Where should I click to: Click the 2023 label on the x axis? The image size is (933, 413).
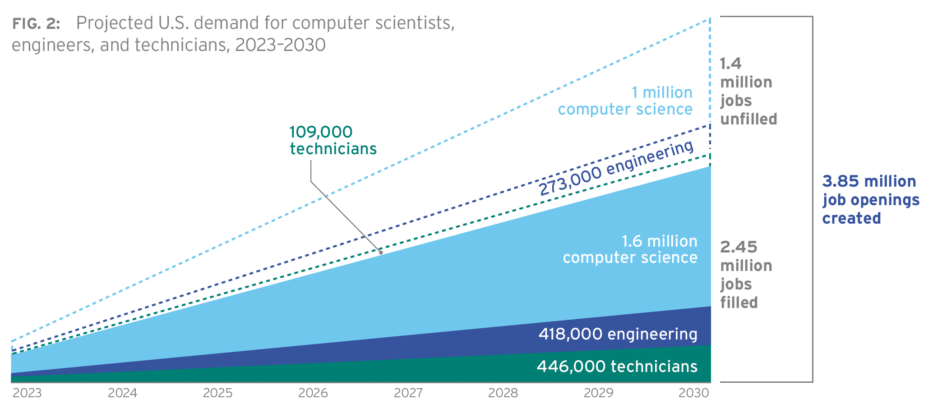[27, 394]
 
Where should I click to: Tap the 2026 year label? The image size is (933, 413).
[313, 394]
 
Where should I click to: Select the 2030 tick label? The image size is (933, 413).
[694, 394]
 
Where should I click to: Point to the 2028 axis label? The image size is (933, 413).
[503, 394]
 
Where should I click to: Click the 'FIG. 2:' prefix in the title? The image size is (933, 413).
[36, 24]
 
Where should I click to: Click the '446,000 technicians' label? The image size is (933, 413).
[617, 367]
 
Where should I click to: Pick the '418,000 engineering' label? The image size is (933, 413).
[618, 335]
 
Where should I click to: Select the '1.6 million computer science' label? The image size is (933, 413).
[630, 249]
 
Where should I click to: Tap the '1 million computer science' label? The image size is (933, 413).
[625, 101]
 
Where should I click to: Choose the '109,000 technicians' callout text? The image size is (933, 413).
[333, 140]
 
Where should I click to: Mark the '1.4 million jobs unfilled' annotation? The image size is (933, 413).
[748, 92]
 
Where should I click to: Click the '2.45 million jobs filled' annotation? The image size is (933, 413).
[745, 275]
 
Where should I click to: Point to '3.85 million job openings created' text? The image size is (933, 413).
[870, 200]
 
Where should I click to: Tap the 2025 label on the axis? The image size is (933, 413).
[217, 394]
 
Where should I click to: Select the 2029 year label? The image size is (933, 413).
[598, 394]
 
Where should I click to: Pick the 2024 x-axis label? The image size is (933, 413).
[122, 394]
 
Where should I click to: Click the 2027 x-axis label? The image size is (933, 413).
[408, 394]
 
